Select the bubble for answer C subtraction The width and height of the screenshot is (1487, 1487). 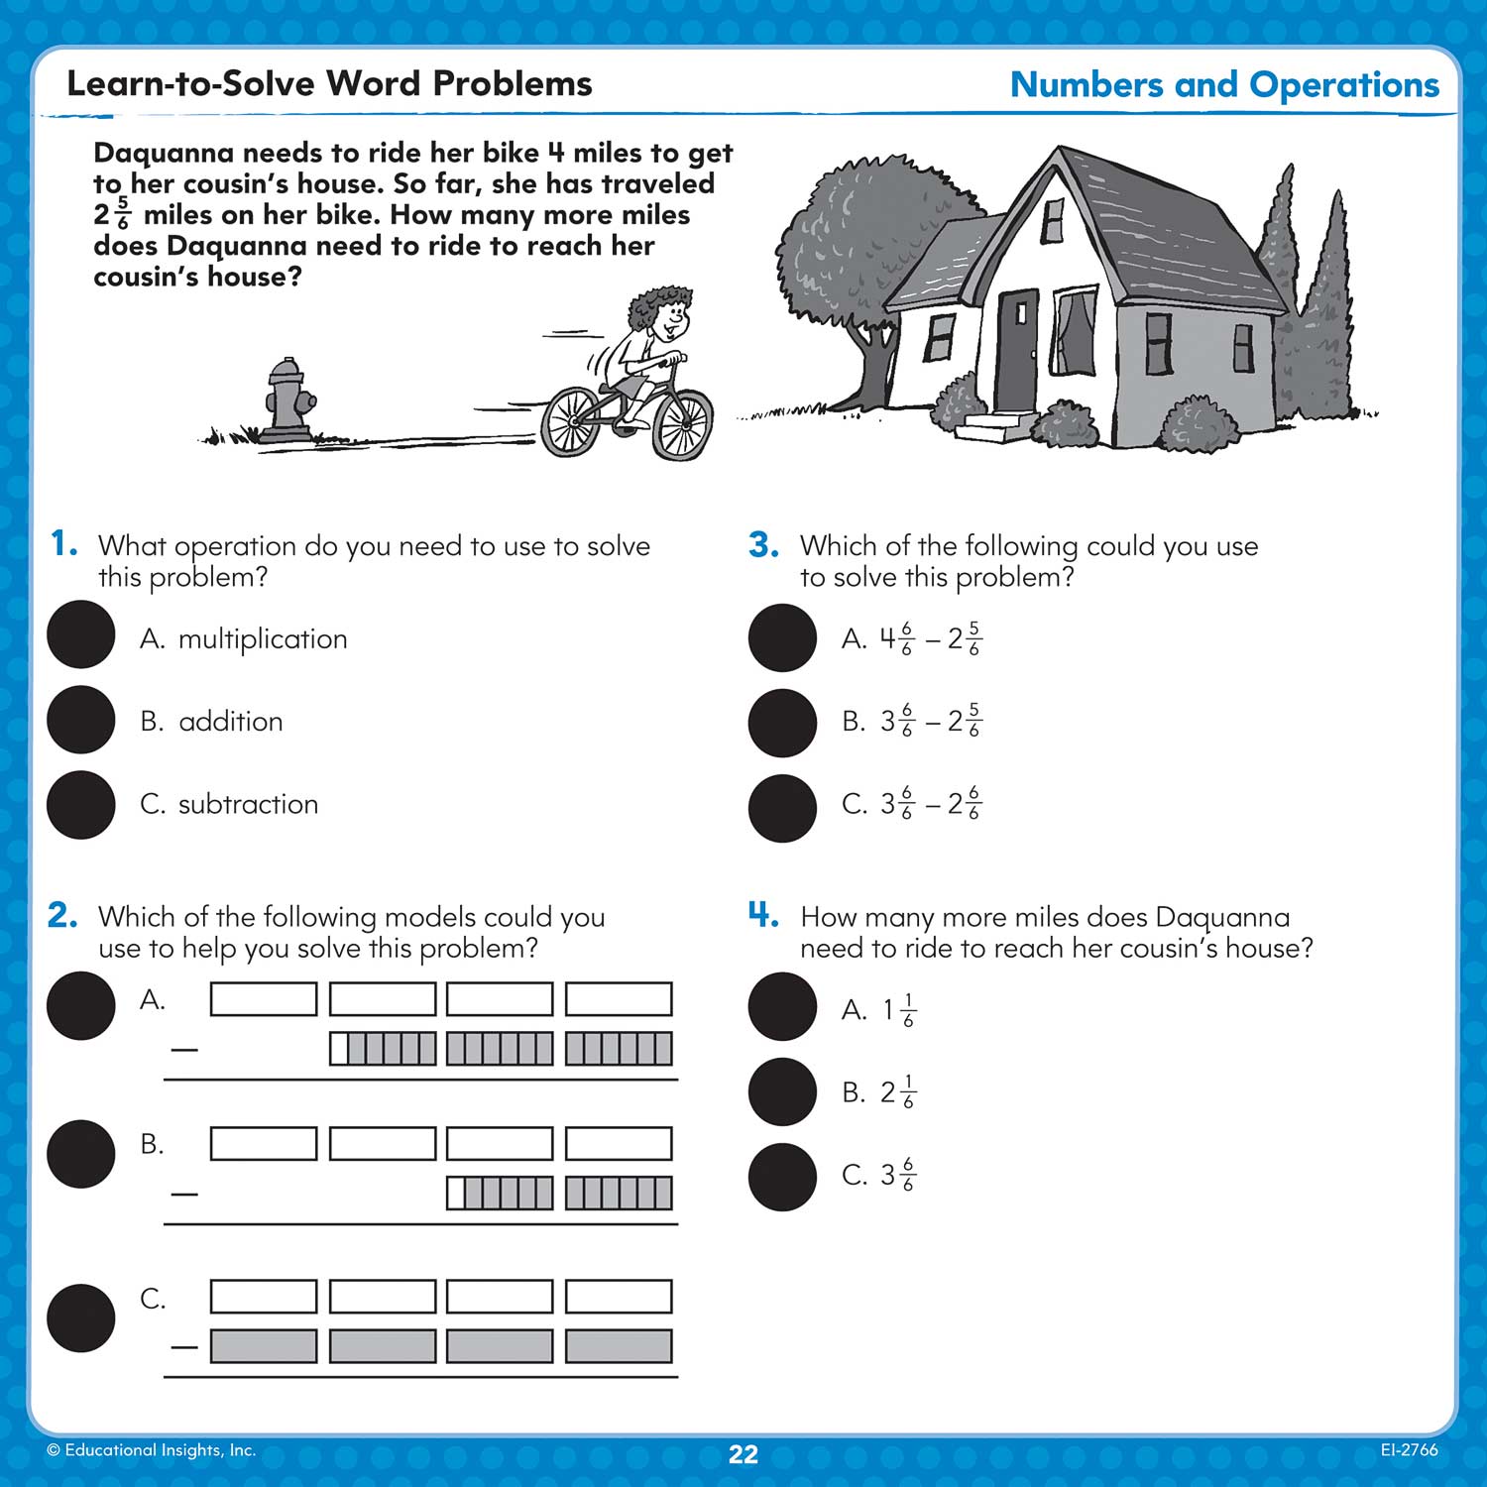pos(81,805)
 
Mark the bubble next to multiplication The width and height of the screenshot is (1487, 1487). pos(81,634)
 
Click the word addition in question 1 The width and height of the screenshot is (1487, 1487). pos(230,722)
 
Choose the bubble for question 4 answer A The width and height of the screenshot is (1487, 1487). pos(782,1007)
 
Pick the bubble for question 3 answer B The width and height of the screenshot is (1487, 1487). pos(782,723)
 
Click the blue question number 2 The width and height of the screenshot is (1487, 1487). pos(62,915)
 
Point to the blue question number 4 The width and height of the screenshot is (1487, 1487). pos(762,914)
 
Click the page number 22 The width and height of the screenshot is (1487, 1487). pos(743,1454)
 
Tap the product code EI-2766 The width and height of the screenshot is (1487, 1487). pos(1409,1449)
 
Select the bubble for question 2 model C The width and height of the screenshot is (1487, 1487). pos(81,1318)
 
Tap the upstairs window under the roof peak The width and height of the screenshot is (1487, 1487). pos(1053,219)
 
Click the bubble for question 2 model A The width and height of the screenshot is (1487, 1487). pos(81,1005)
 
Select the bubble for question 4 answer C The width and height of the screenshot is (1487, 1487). pos(782,1178)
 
